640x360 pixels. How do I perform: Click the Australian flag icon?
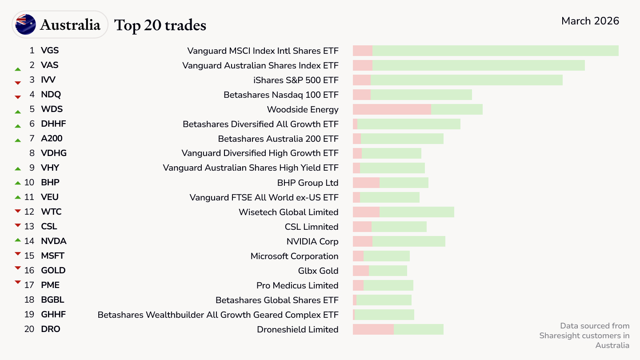[26, 24]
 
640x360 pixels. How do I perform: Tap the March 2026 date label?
[590, 21]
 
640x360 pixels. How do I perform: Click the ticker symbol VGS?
[50, 51]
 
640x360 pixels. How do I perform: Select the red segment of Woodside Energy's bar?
[392, 109]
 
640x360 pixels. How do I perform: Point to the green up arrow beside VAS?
[18, 69]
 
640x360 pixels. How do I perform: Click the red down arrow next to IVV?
[18, 83]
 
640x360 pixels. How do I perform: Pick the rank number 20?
[29, 329]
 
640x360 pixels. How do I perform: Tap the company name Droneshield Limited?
[297, 329]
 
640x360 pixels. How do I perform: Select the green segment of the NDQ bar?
[421, 95]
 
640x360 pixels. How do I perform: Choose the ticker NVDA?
[54, 241]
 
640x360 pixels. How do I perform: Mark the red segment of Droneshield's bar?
[373, 329]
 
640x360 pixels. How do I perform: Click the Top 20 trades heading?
[160, 25]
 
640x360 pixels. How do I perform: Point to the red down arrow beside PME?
[18, 282]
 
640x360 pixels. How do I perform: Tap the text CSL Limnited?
[312, 227]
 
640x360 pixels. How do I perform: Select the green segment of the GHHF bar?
[384, 315]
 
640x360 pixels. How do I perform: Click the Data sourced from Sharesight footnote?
[584, 336]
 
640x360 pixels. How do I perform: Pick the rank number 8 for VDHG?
[32, 153]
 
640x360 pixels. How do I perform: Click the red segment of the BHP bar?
[366, 183]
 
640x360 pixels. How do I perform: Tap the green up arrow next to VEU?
[18, 197]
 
